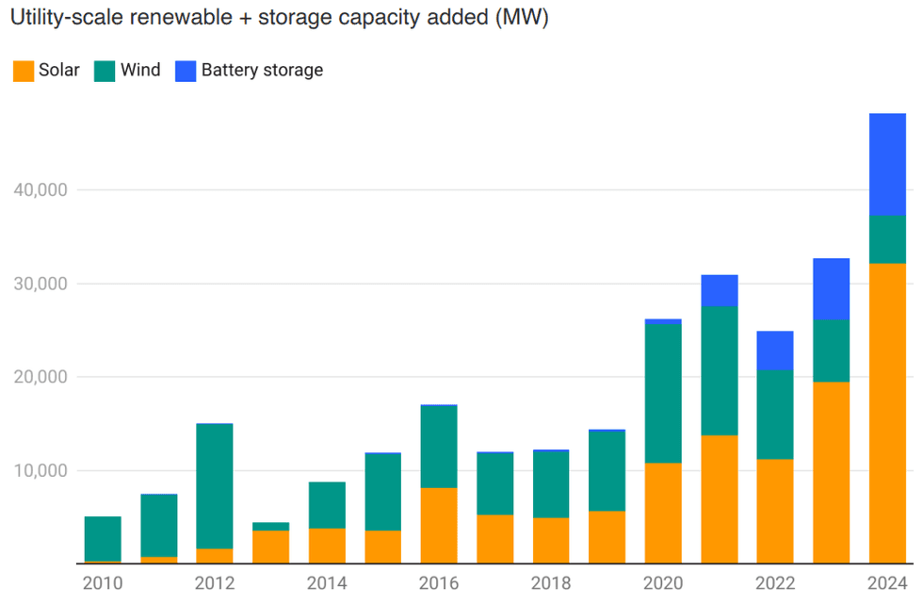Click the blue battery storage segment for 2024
[x=887, y=164]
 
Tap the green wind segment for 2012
[x=215, y=486]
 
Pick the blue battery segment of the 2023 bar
[x=831, y=288]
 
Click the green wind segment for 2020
[x=663, y=393]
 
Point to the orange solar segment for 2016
[x=439, y=525]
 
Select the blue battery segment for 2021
[x=719, y=290]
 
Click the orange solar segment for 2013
[x=270, y=547]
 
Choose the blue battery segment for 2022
[x=775, y=351]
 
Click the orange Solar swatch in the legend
[x=24, y=71]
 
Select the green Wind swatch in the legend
[x=105, y=71]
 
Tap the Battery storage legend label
[x=262, y=71]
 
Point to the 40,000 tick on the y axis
[x=40, y=189]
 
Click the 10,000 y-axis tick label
[x=40, y=470]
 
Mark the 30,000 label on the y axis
[x=40, y=284]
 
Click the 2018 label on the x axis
[x=551, y=583]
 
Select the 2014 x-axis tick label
[x=327, y=583]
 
